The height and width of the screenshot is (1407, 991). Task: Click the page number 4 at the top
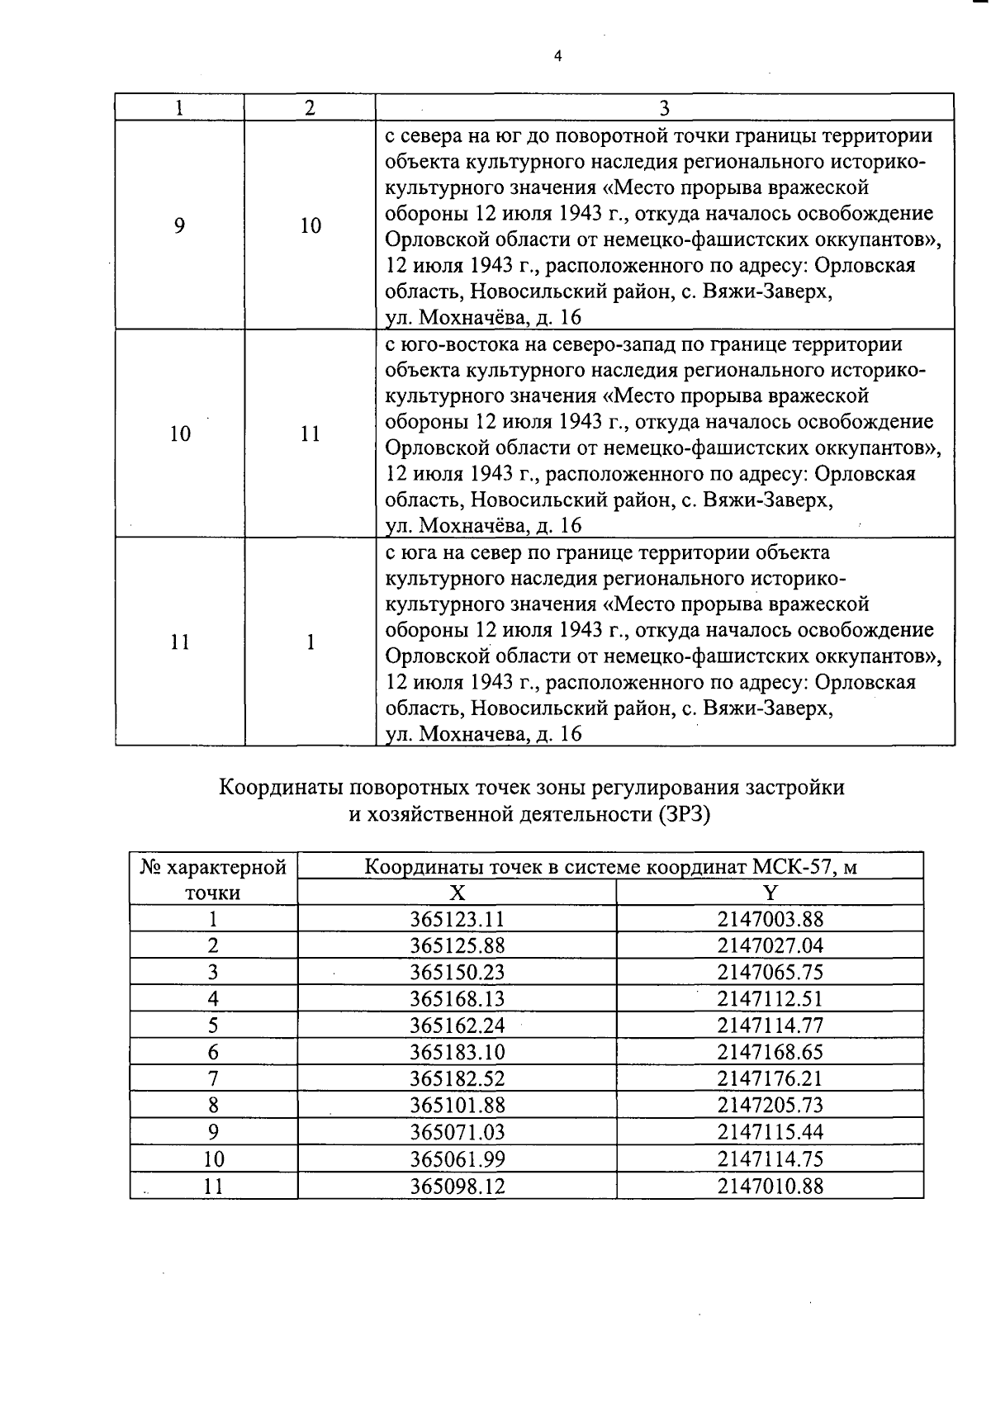click(x=557, y=56)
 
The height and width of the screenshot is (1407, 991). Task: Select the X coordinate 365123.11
click(x=457, y=919)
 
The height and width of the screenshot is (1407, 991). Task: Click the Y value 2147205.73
click(x=770, y=1105)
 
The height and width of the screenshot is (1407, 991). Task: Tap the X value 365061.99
click(x=457, y=1158)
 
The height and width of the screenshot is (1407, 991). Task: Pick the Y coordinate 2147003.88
click(x=770, y=919)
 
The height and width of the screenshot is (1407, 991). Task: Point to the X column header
click(x=457, y=893)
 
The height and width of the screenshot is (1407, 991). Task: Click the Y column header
click(x=770, y=893)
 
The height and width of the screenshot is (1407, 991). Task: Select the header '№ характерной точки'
click(x=213, y=879)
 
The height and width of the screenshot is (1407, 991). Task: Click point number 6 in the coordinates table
click(x=213, y=1052)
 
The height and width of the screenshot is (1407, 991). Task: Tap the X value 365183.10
click(x=457, y=1052)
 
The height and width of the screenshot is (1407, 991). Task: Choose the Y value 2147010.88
click(x=770, y=1186)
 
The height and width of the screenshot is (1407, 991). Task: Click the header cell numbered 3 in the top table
click(x=665, y=108)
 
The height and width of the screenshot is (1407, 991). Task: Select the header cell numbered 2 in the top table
click(x=310, y=108)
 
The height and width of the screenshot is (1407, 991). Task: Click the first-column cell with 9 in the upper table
click(x=179, y=225)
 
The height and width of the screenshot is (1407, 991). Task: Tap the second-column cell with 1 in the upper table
click(x=310, y=642)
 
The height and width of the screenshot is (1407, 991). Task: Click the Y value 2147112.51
click(x=770, y=998)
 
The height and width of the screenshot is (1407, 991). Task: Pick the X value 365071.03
click(x=457, y=1131)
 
